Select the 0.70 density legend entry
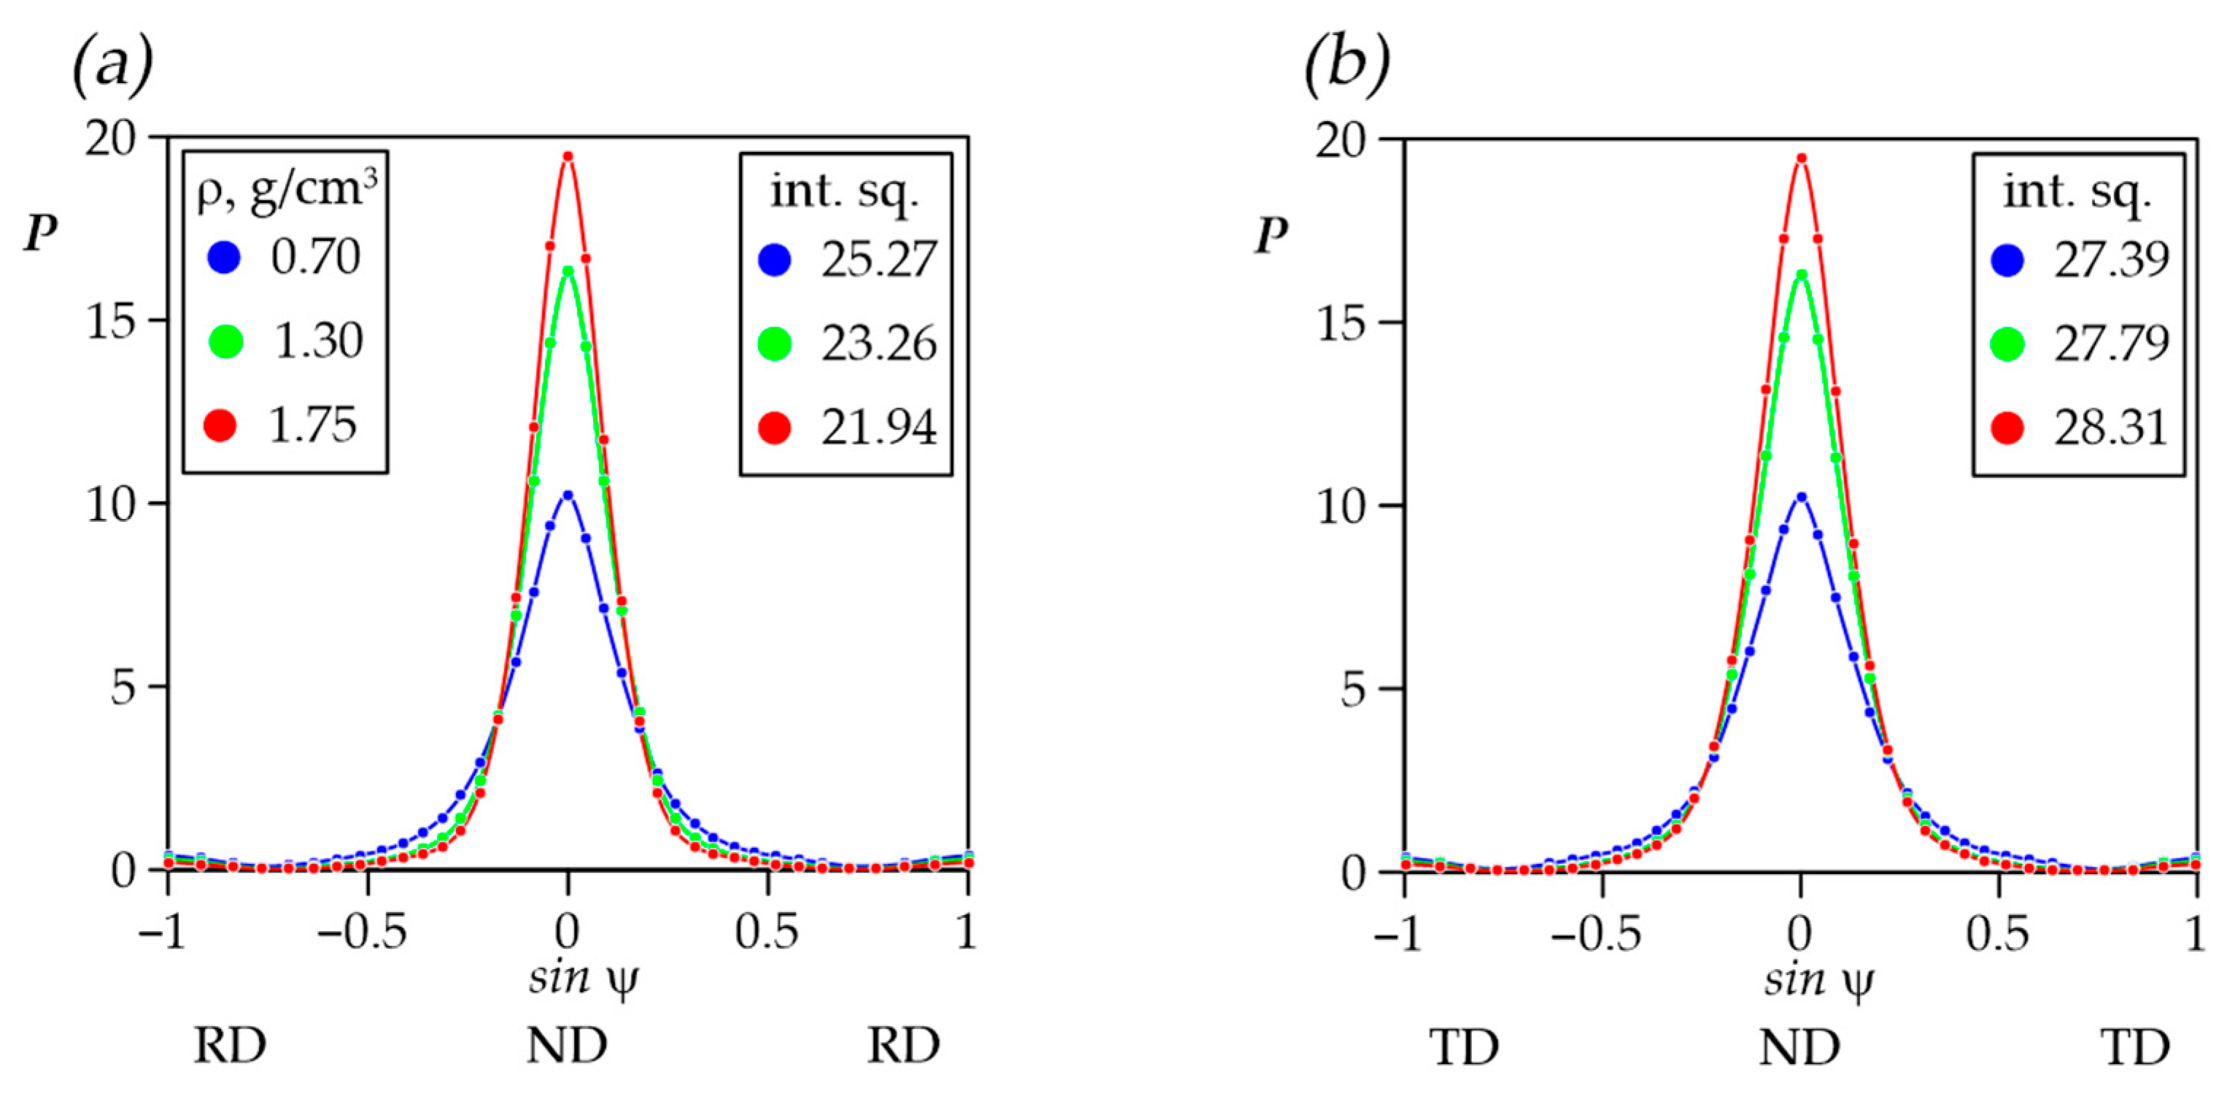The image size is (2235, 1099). pos(315,258)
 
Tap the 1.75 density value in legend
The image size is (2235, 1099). pos(312,425)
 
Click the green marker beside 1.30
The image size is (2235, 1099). pos(226,342)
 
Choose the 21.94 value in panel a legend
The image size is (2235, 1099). pos(879,427)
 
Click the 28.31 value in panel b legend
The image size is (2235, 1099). pos(2111,427)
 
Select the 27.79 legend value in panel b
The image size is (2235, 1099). pos(2111,344)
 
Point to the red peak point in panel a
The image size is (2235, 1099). pos(568,156)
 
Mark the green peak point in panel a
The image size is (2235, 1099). pos(568,271)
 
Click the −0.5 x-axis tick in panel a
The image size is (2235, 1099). pos(362,933)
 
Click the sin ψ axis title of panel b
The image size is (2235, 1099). pos(1818,981)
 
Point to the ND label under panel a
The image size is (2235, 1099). pos(567,1046)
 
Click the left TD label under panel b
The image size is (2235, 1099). pos(1465,1048)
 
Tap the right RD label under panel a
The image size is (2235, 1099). pos(903,1046)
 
